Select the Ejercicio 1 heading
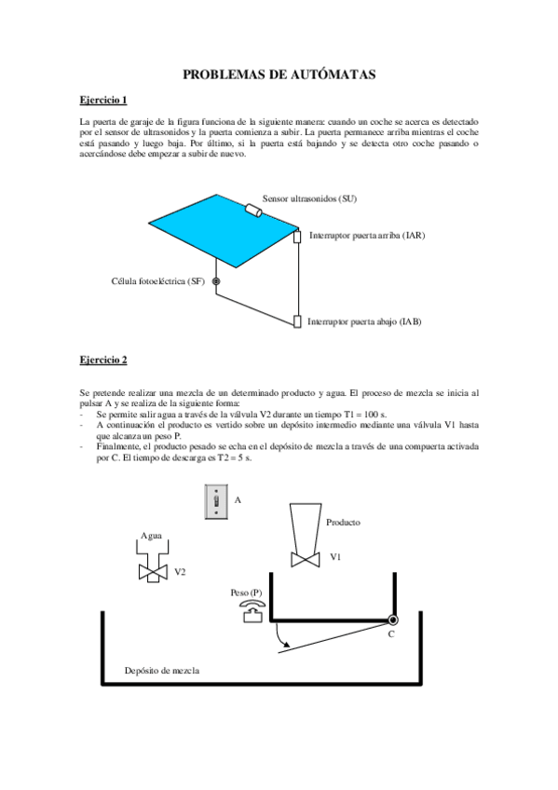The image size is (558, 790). point(102,100)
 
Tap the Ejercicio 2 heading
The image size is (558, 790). point(102,359)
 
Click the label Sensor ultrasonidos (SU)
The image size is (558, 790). point(310,198)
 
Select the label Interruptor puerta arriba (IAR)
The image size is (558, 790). point(366,236)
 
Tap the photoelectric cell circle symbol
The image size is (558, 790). point(215,281)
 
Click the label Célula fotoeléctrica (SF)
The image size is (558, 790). point(157,281)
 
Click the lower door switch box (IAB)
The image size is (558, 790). point(297,321)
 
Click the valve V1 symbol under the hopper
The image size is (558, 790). point(303,559)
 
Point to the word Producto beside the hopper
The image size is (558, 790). point(343,523)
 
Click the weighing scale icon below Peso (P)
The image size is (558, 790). point(249,610)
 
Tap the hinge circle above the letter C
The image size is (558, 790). point(393,620)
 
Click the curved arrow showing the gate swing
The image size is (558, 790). point(281,639)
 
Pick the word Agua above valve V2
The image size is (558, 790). point(151,536)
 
